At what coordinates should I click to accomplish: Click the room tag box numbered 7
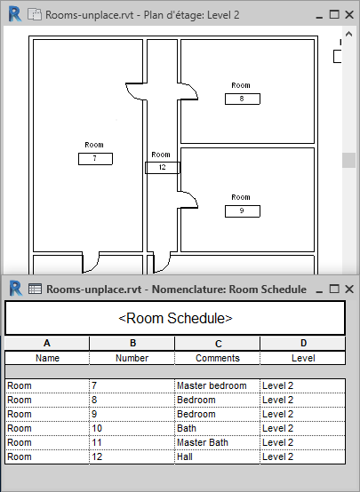pos(95,159)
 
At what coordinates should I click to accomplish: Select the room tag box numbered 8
pos(243,99)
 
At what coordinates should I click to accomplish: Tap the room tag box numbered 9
pos(243,211)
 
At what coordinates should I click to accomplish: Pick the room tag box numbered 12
pos(163,168)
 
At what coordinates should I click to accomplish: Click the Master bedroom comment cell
pos(217,385)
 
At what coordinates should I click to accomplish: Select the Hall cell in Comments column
pos(217,456)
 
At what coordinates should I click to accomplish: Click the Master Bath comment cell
pos(217,442)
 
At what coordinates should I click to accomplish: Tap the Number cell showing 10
pos(132,428)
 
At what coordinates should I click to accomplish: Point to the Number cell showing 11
pos(132,442)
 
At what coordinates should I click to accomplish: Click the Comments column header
pos(218,358)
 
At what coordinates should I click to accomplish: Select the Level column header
pos(303,358)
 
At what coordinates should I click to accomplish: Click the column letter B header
pos(132,344)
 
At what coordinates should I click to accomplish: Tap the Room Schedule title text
pos(175,318)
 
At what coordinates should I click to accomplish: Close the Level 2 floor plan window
pos(349,14)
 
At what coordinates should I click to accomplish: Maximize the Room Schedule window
pos(334,289)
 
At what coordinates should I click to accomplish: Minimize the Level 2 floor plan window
pos(319,16)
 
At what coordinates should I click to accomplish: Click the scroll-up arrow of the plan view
pos(348,34)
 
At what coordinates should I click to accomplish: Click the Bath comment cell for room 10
pos(217,428)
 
